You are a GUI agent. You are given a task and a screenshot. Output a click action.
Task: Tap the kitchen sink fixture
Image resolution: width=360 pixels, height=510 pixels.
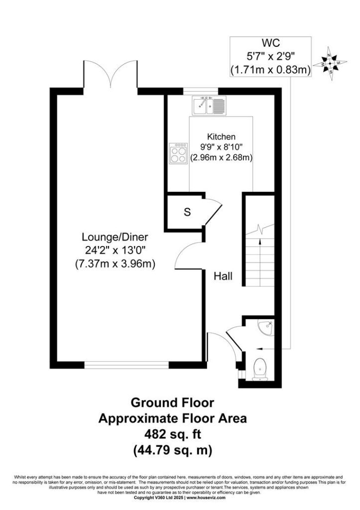pyautogui.click(x=209, y=106)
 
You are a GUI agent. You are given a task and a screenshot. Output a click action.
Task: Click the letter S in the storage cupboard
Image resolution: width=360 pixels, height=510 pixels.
pyautogui.click(x=187, y=212)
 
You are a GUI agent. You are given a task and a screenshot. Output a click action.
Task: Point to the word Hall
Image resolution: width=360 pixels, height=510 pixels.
pyautogui.click(x=223, y=276)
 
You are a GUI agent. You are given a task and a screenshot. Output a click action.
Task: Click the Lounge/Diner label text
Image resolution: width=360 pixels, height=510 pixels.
pyautogui.click(x=115, y=237)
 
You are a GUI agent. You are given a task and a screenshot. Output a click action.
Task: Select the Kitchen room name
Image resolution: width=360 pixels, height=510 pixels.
pyautogui.click(x=222, y=136)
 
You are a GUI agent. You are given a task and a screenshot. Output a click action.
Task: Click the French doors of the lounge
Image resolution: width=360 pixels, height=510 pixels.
pyautogui.click(x=111, y=74)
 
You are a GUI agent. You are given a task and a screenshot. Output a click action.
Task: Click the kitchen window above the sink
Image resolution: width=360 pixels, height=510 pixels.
pyautogui.click(x=200, y=91)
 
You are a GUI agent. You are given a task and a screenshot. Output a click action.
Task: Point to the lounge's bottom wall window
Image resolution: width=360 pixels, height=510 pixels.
pyautogui.click(x=126, y=365)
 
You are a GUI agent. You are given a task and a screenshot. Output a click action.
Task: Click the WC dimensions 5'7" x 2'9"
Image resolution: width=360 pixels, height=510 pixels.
pyautogui.click(x=270, y=56)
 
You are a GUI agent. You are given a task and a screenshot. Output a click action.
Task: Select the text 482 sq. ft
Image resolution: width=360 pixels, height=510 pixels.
pyautogui.click(x=173, y=434)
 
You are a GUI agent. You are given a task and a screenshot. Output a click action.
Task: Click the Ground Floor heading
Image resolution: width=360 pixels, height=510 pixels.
pyautogui.click(x=172, y=402)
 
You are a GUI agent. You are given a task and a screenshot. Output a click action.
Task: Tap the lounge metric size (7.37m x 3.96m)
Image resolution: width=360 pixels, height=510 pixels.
pyautogui.click(x=115, y=263)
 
